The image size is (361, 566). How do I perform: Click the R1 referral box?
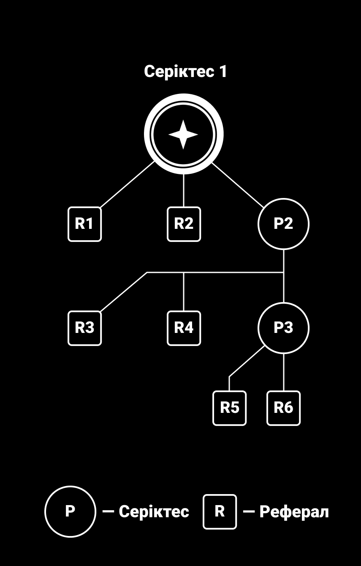pos(85,224)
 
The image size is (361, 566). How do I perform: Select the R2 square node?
pos(184,224)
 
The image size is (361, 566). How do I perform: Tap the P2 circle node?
pos(284,224)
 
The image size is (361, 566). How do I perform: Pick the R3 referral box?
pos(85,328)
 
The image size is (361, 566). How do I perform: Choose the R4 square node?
pos(184,328)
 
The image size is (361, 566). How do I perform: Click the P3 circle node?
pos(284,328)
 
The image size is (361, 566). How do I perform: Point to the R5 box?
pos(230,408)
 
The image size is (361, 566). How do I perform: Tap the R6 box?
pos(284,408)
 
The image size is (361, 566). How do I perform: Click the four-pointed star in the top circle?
pos(183,135)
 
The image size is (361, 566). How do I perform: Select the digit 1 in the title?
pos(223,71)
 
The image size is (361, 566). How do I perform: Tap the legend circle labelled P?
pos(71,511)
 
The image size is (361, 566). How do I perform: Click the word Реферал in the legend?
pos(294,512)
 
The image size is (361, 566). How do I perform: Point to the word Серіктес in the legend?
pos(154,512)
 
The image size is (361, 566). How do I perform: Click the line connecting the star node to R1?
pos(128,184)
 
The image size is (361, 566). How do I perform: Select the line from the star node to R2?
pos(184,190)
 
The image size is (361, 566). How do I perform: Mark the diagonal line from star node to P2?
pos(238,185)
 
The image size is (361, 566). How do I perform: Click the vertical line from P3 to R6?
pos(284,372)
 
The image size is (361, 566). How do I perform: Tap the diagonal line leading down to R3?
pos(124,292)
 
